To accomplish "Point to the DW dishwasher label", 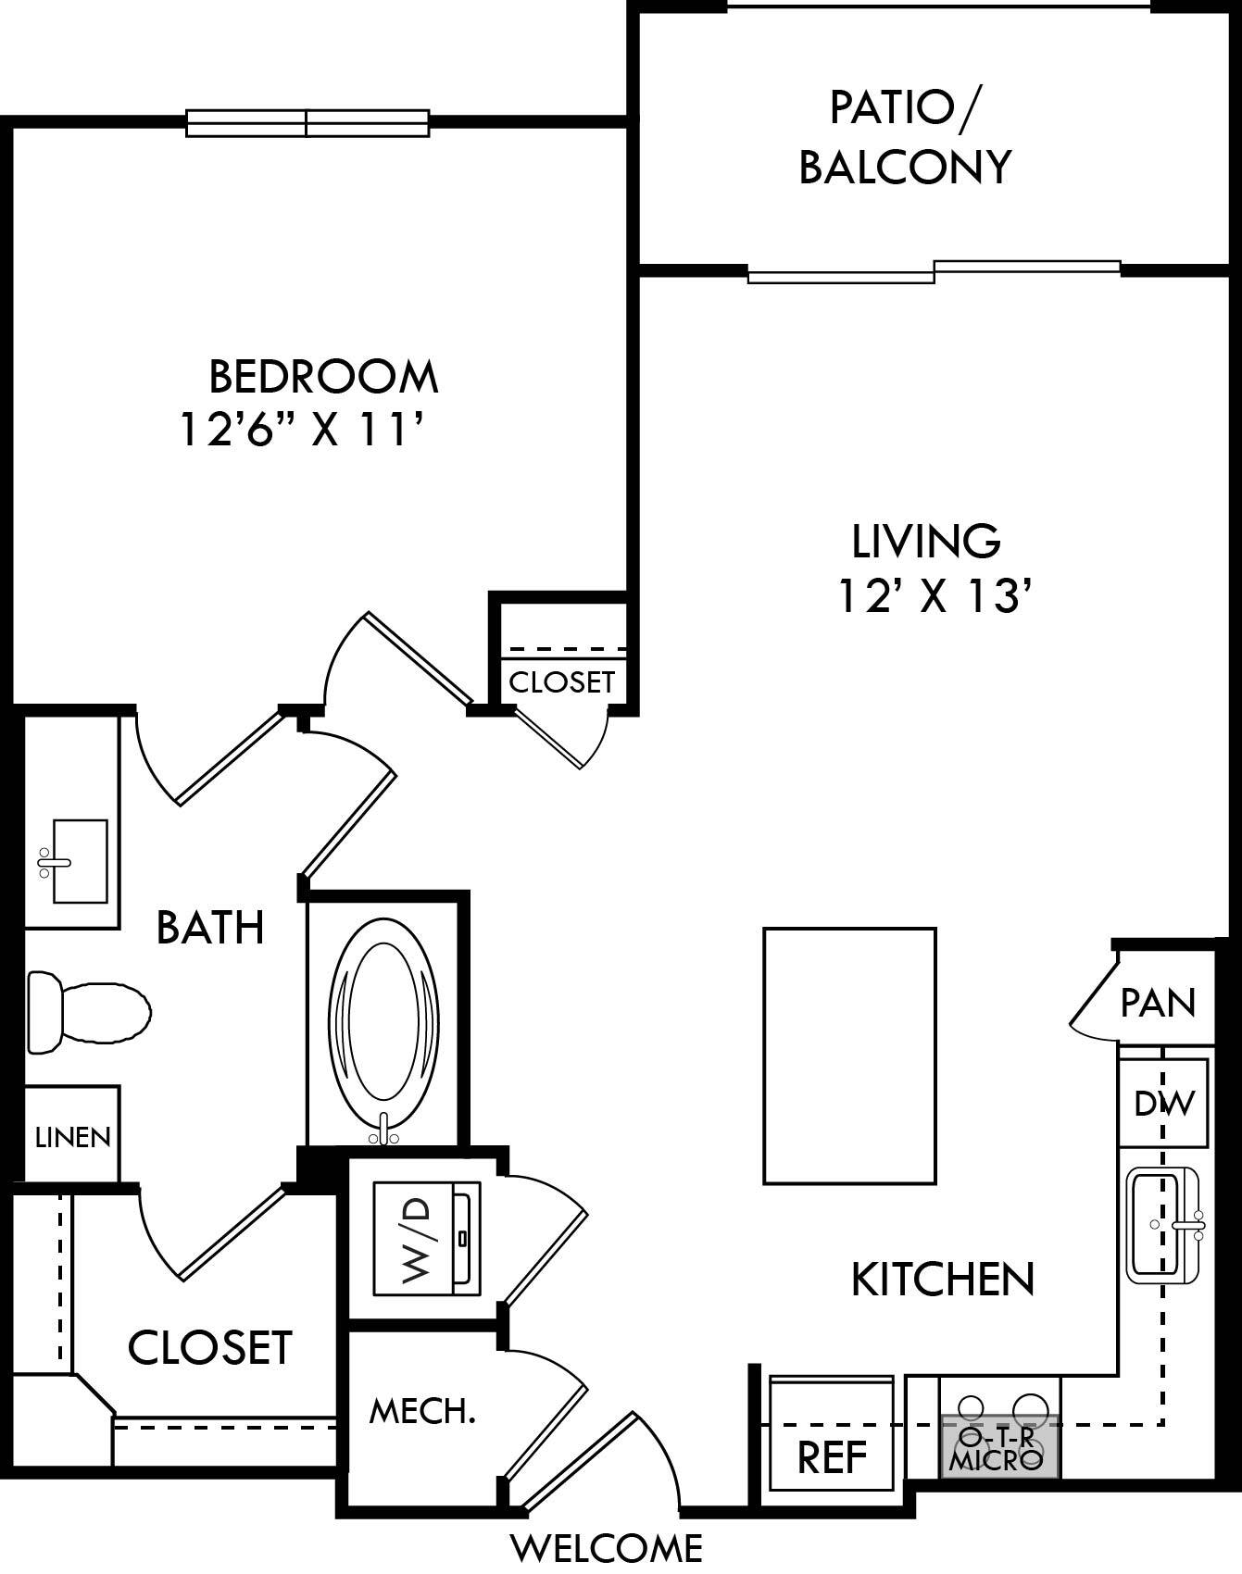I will click(1163, 1103).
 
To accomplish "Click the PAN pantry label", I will click(1158, 1003).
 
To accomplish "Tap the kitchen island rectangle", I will click(849, 1056).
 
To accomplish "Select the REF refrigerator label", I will click(832, 1458).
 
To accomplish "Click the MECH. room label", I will click(422, 1412).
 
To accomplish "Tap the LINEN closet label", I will click(72, 1137).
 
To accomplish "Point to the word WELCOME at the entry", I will click(608, 1547).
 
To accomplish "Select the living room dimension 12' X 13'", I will click(935, 596).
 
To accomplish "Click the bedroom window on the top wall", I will click(307, 122).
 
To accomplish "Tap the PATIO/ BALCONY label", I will click(905, 137).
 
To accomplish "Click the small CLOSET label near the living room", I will click(561, 682).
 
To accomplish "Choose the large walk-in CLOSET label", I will click(210, 1348).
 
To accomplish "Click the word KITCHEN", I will click(942, 1280).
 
